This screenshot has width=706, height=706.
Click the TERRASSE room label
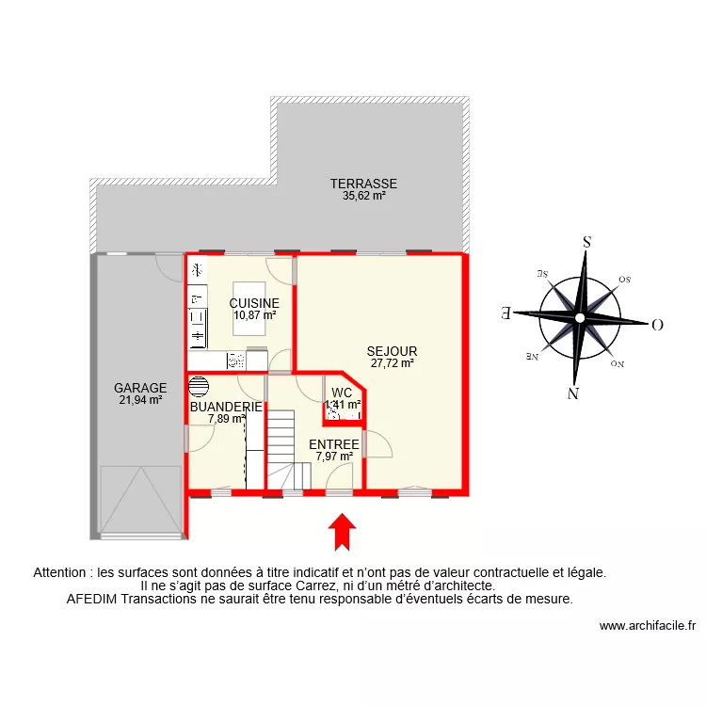[363, 184]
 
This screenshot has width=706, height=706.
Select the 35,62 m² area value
[363, 197]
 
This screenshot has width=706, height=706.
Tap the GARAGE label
[140, 387]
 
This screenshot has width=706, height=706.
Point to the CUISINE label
[254, 303]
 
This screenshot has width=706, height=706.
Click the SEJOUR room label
[392, 351]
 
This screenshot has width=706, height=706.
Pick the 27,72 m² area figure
[392, 363]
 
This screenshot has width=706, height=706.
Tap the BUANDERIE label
[226, 407]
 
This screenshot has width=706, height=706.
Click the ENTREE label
[333, 444]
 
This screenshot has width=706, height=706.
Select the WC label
[342, 393]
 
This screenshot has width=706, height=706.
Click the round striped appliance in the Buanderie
[199, 386]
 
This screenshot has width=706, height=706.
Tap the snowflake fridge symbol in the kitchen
[197, 270]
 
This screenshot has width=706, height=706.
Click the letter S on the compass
[586, 242]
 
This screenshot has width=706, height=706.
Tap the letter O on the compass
[657, 325]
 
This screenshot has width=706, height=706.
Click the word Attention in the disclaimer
[61, 571]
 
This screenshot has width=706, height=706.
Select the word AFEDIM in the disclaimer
[88, 599]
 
